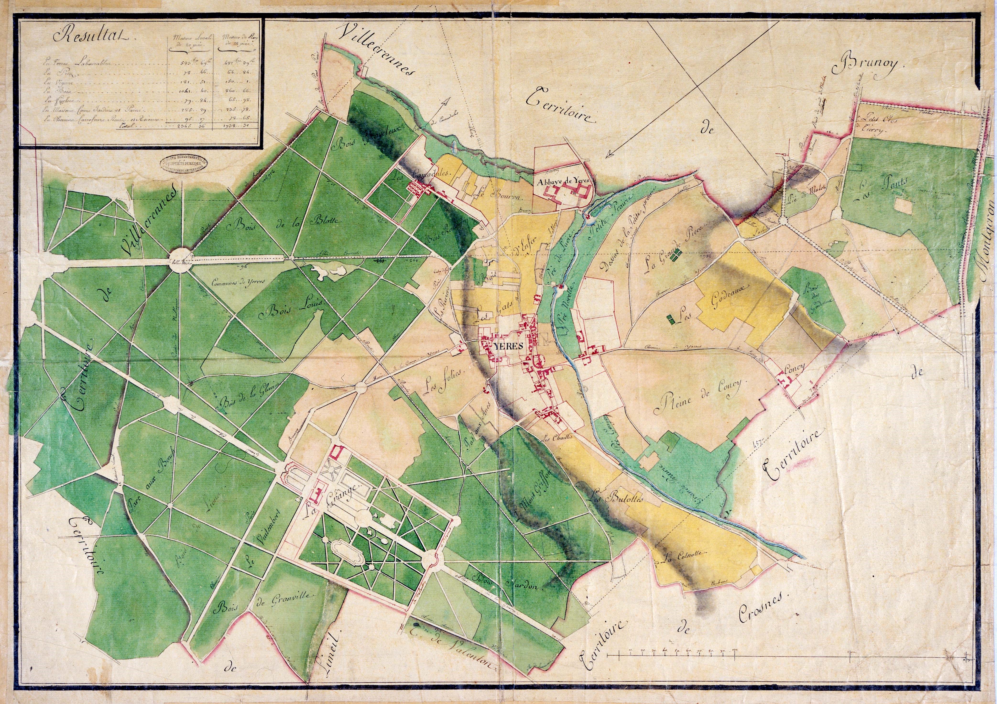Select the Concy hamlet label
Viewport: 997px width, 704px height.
click(x=794, y=367)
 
